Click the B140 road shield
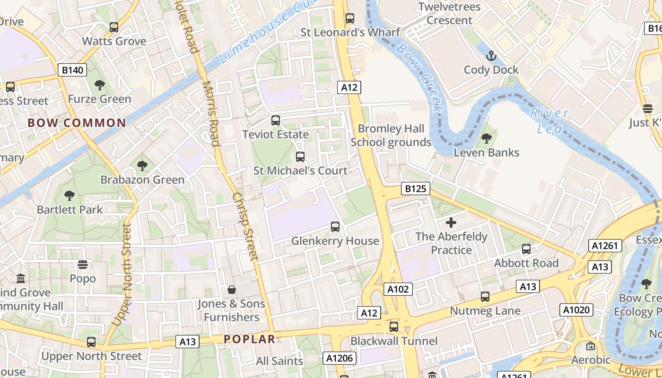tap(72, 70)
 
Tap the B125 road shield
tap(416, 189)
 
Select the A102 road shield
tap(398, 289)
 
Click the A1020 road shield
tap(576, 310)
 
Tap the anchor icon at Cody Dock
tap(491, 56)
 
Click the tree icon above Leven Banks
tap(486, 138)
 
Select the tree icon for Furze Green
tap(99, 85)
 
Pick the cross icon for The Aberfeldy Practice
tap(451, 222)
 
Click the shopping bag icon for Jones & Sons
tap(232, 289)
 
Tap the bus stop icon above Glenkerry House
tap(335, 227)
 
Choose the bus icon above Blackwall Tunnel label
tap(394, 326)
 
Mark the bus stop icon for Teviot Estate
tap(276, 120)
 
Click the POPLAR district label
tap(249, 339)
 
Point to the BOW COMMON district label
tap(77, 123)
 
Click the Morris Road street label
tap(211, 113)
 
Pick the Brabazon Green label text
tap(142, 180)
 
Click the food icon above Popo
tap(83, 265)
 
